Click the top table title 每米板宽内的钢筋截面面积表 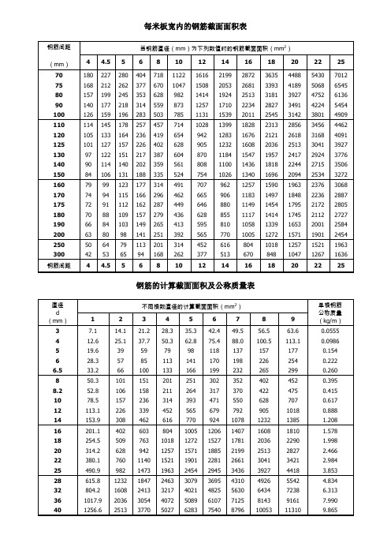click(x=195, y=27)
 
